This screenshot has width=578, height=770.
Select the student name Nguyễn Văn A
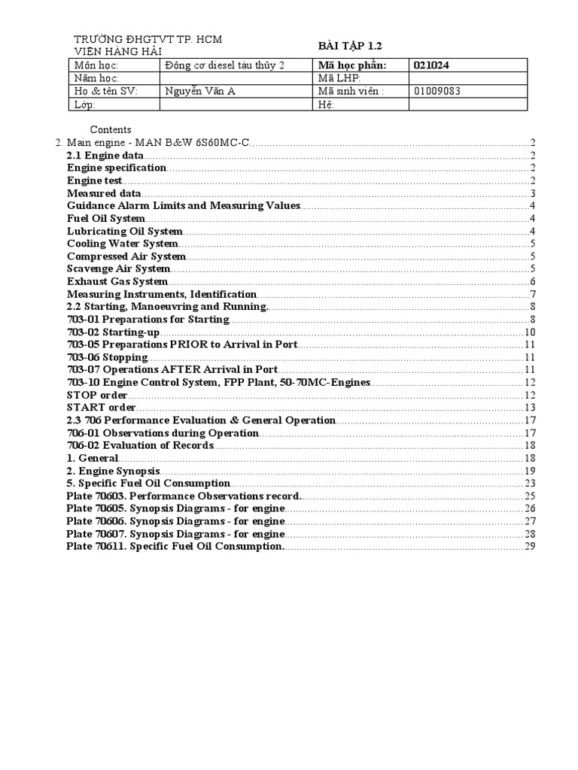(x=195, y=91)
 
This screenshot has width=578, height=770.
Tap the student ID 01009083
(x=437, y=91)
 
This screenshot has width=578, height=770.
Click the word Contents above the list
(x=111, y=129)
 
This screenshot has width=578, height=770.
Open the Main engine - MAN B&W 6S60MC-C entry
(x=158, y=142)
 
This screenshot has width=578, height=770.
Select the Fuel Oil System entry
(x=105, y=218)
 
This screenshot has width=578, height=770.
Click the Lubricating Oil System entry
(x=124, y=231)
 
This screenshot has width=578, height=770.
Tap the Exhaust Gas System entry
(x=117, y=281)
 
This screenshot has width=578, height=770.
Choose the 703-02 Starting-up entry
(x=113, y=332)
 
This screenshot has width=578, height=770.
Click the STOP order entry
(x=97, y=395)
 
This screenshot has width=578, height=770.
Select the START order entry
(x=101, y=408)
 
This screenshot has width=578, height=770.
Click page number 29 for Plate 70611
(x=529, y=547)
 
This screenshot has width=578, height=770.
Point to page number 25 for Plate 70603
(x=529, y=496)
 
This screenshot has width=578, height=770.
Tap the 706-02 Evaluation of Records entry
(x=140, y=446)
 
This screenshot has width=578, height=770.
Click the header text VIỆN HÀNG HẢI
(x=117, y=51)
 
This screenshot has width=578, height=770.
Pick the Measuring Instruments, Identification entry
(x=161, y=294)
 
